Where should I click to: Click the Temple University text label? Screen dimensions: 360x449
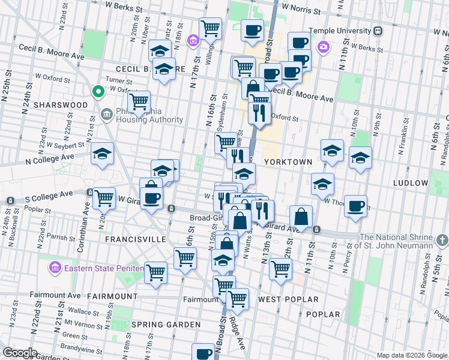[x=340, y=31]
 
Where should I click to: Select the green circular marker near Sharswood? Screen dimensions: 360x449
[x=98, y=92]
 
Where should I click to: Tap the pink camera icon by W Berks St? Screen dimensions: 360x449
[x=324, y=46]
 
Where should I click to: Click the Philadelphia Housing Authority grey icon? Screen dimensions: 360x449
[x=106, y=113]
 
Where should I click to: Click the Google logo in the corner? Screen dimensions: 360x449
[x=20, y=352]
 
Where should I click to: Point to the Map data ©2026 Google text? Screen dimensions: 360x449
[x=411, y=355]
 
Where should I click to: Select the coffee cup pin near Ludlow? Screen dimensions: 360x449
[x=355, y=206]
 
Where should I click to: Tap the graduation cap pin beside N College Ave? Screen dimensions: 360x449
[x=102, y=154]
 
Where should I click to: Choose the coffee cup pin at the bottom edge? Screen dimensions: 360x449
[x=203, y=353]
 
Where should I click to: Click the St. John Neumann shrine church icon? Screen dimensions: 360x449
[x=442, y=241]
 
